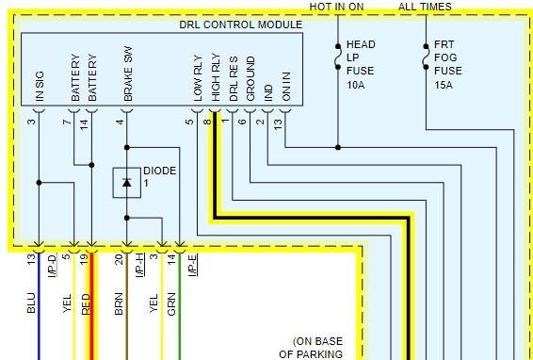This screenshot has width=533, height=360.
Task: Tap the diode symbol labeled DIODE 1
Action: [126, 182]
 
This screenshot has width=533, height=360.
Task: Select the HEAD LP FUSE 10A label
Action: [361, 64]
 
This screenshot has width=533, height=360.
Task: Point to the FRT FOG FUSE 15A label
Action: [449, 64]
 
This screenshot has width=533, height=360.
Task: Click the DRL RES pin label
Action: [234, 81]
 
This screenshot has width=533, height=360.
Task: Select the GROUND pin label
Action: [250, 82]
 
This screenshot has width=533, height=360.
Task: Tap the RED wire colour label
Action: [85, 304]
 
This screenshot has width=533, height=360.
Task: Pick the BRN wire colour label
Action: [119, 304]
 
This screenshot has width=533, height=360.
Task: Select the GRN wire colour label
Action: [172, 304]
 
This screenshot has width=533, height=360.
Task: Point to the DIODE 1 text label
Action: [159, 176]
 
